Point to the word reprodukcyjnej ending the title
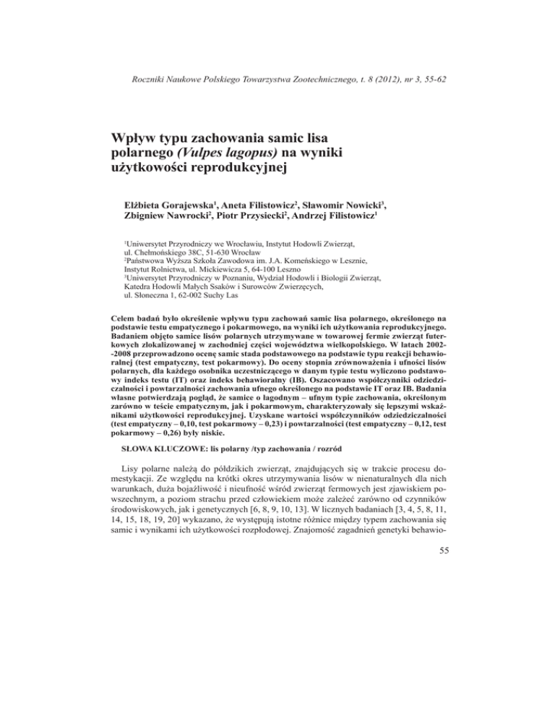pyautogui.click(x=232, y=174)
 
